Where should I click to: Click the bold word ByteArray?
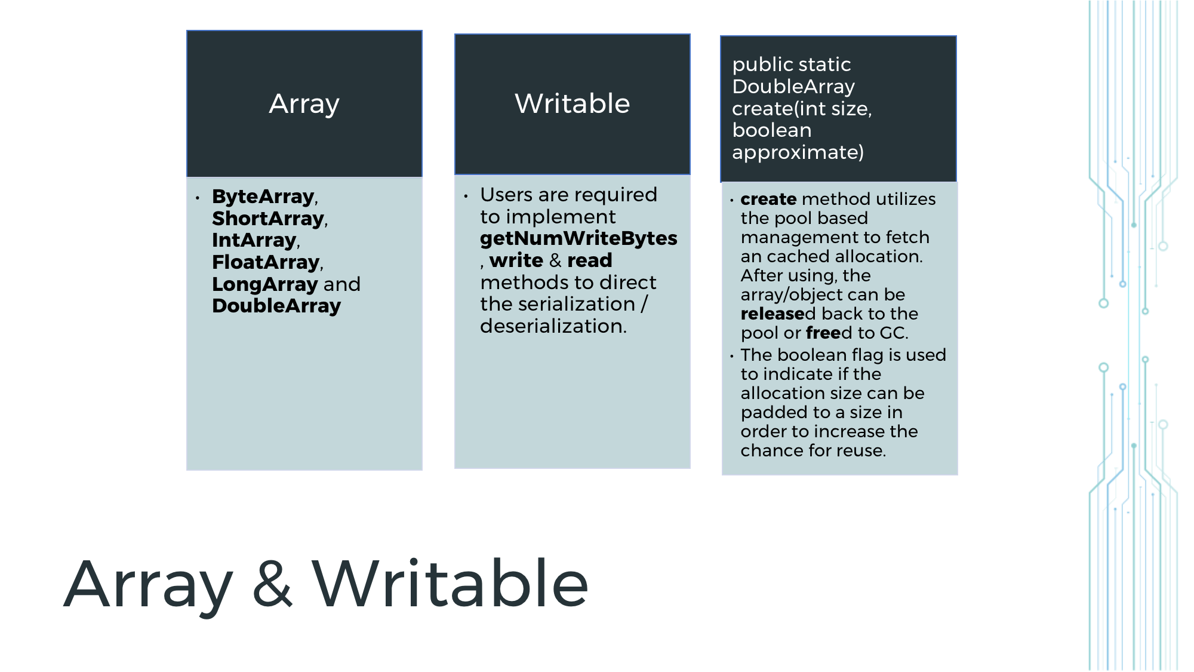click(x=263, y=197)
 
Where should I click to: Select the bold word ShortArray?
click(x=268, y=219)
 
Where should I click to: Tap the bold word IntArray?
click(x=254, y=240)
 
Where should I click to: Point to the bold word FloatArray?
click(x=266, y=262)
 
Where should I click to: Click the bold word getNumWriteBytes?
click(x=578, y=238)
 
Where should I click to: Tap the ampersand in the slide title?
click(x=272, y=584)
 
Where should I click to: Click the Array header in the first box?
click(x=304, y=104)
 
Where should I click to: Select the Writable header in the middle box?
click(x=572, y=104)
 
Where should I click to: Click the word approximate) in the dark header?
click(x=798, y=152)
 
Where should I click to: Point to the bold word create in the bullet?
click(x=768, y=199)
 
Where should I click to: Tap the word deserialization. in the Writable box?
click(x=553, y=326)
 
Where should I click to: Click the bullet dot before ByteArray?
click(x=198, y=198)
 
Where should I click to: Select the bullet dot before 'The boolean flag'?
click(x=731, y=356)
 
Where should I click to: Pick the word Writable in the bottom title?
click(x=450, y=584)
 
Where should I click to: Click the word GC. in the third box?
click(x=894, y=333)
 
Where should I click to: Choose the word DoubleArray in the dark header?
click(x=793, y=87)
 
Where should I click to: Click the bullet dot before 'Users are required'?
click(x=466, y=196)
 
